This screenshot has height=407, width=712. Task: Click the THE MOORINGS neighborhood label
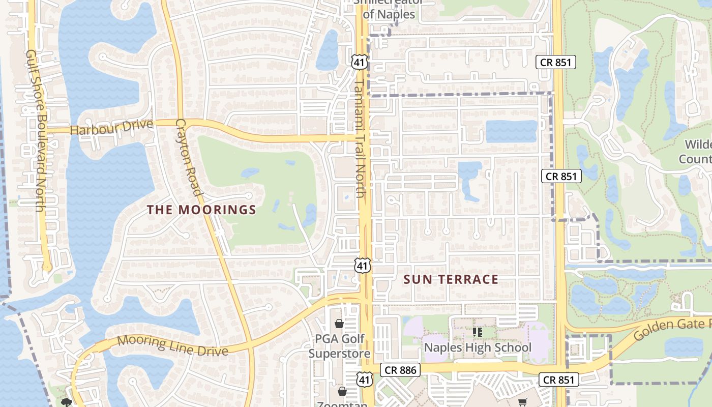pos(201,210)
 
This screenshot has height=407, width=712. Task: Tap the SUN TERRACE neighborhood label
pos(451,279)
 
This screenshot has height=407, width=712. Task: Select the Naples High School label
pos(478,347)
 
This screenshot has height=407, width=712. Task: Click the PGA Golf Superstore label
pos(339,346)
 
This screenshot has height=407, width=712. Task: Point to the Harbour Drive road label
pos(111,128)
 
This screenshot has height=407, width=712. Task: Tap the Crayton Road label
pos(189,157)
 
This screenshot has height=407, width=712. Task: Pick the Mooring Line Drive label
pos(172,345)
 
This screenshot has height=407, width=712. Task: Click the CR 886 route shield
pos(400,370)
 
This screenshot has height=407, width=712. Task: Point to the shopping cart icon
pos(523,402)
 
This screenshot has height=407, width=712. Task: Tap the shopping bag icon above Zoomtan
pos(342,391)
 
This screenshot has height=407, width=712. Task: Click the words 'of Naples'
pos(389,14)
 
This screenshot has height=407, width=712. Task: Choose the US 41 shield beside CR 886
pos(364,380)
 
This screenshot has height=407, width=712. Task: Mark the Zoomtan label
pos(342,404)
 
